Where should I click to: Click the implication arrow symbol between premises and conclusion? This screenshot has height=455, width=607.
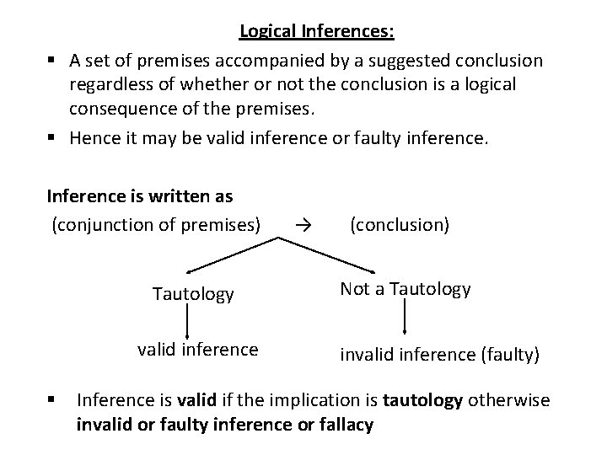(x=305, y=225)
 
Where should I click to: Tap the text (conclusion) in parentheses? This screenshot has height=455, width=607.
(x=400, y=224)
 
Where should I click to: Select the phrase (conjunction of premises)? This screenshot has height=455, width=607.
(x=157, y=224)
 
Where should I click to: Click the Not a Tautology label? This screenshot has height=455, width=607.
(x=405, y=289)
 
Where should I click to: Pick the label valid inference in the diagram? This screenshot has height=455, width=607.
(x=199, y=349)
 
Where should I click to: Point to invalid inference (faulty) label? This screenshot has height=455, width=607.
(x=439, y=355)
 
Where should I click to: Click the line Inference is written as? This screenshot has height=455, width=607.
(x=139, y=196)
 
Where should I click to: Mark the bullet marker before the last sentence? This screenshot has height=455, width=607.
(x=52, y=399)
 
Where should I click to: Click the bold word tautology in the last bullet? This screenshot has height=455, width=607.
(x=422, y=399)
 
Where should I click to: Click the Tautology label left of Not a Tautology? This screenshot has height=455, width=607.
(x=193, y=294)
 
